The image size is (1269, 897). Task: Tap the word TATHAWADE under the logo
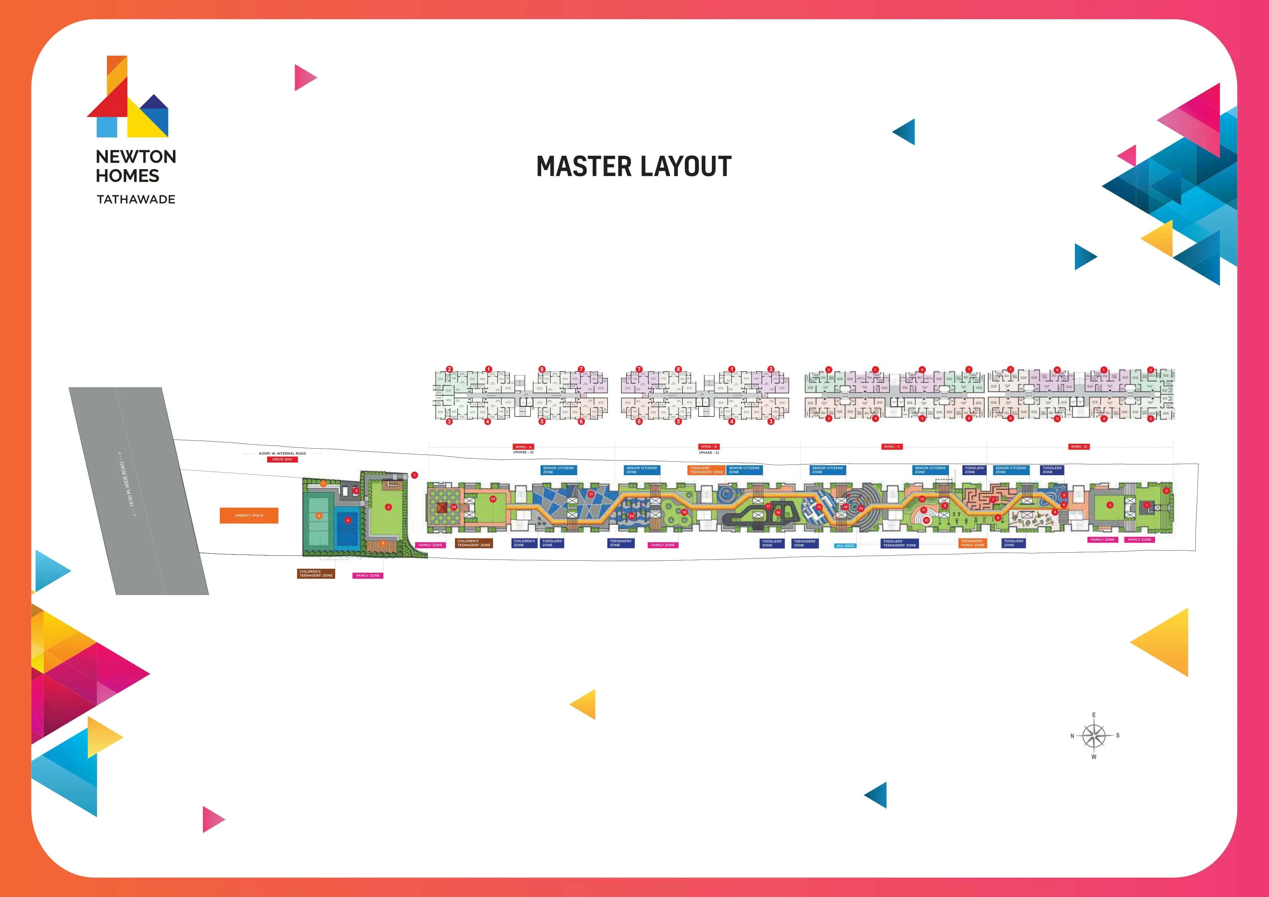point(136,199)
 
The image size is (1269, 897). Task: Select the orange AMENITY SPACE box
point(249,515)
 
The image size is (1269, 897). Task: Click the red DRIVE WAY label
point(282,459)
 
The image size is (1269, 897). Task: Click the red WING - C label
point(892,446)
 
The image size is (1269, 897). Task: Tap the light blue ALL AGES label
point(845,545)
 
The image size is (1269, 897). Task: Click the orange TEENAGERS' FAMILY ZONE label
point(972,543)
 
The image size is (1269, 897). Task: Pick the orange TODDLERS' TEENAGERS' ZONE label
point(706,470)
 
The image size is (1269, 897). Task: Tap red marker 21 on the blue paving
point(591,494)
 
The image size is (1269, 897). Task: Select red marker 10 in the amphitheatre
point(926,520)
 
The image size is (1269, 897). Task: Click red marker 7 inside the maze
point(993,500)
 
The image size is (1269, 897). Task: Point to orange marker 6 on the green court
point(319,516)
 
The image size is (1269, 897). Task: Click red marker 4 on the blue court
point(348,520)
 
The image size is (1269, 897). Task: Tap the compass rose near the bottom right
point(1094,736)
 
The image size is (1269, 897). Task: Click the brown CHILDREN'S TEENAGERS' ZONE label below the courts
point(316,574)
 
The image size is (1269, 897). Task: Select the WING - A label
point(522,446)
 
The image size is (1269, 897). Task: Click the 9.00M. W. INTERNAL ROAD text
point(282,453)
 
